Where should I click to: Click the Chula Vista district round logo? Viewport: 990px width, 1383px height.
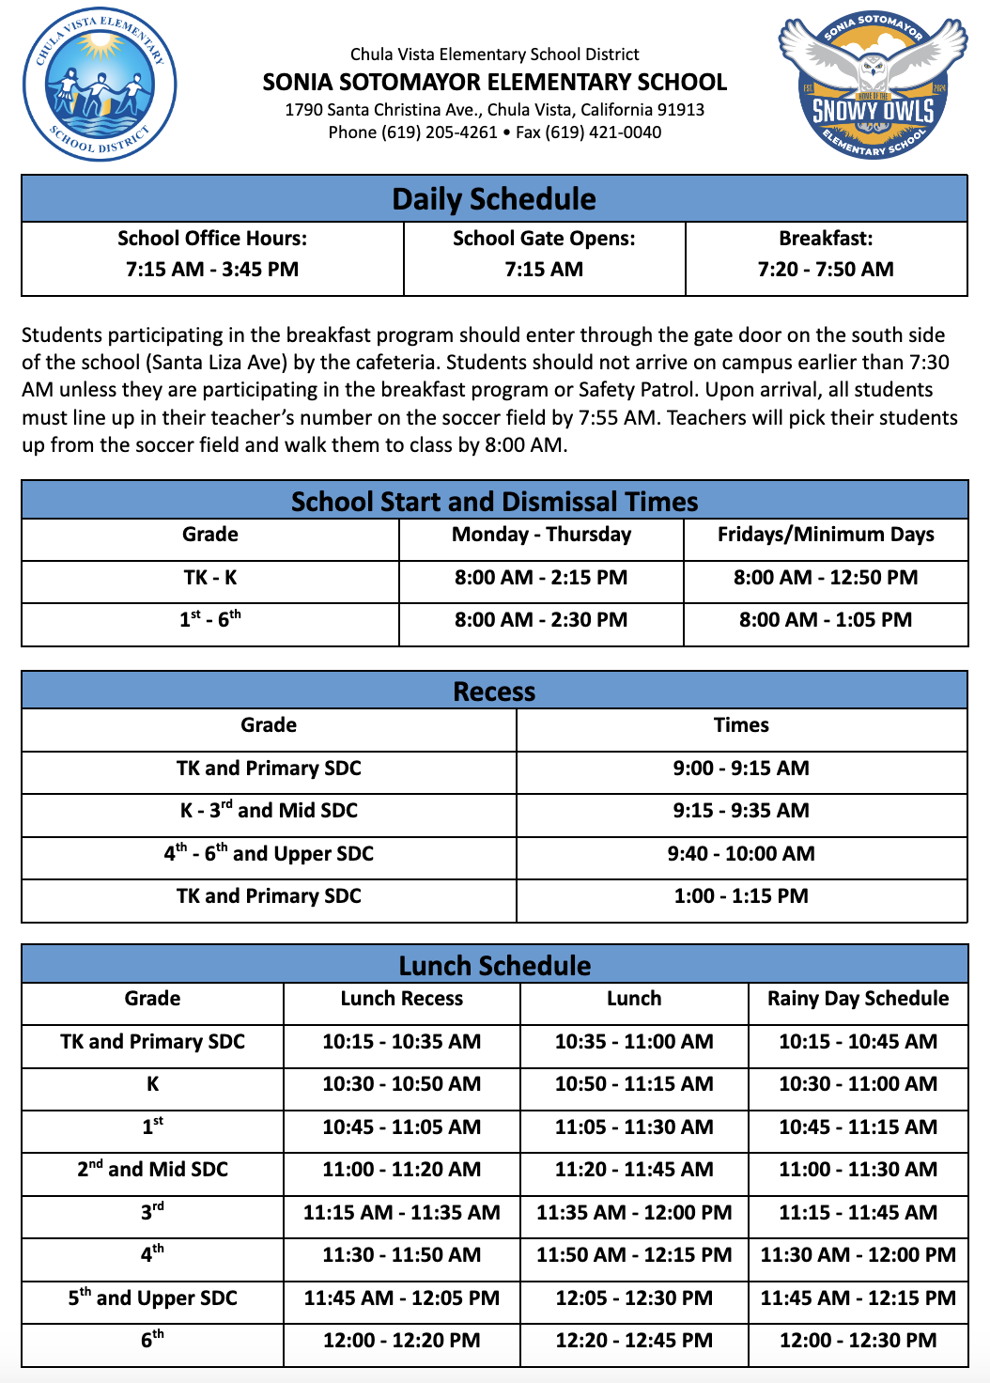tap(100, 85)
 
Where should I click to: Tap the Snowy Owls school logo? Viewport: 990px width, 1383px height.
tap(873, 85)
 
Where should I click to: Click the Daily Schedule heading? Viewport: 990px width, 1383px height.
tap(494, 199)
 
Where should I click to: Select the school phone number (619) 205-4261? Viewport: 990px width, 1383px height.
tap(439, 132)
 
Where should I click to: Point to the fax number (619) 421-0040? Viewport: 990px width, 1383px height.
tap(603, 132)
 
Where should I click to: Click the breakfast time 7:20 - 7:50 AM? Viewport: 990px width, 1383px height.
tap(826, 270)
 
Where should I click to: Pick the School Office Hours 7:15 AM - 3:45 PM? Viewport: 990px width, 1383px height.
tap(212, 270)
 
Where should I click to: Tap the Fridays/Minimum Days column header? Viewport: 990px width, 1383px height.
tap(826, 535)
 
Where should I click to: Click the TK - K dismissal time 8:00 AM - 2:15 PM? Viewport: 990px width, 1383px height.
tap(541, 578)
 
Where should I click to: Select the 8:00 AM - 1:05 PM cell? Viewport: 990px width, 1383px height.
tap(826, 620)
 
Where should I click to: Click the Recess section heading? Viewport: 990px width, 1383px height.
tap(494, 691)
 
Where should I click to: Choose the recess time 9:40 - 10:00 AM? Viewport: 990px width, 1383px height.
tap(741, 854)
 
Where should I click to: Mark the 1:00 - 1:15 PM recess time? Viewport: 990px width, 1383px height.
tap(741, 896)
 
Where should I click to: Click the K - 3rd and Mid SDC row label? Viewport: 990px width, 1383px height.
tap(269, 811)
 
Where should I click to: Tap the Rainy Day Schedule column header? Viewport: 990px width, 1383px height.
tap(858, 999)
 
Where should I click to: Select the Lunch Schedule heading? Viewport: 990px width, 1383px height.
tap(494, 966)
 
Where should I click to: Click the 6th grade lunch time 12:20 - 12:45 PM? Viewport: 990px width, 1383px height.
tap(634, 1341)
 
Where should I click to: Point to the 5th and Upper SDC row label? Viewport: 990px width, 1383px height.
tap(152, 1298)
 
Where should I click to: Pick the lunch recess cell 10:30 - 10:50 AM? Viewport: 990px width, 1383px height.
tap(401, 1084)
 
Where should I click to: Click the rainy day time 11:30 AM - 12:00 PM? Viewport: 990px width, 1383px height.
tap(858, 1255)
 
